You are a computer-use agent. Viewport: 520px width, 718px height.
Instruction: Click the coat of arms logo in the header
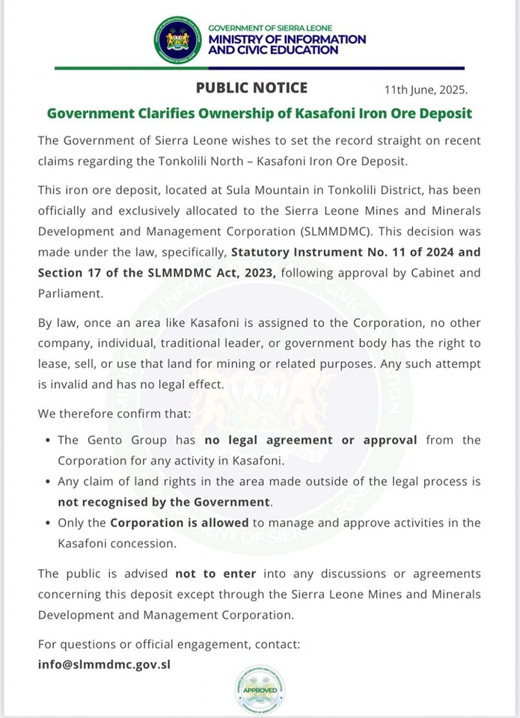178,40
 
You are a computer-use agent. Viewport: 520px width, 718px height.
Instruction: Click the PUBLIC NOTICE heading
251,88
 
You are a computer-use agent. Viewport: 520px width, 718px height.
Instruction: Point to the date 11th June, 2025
426,90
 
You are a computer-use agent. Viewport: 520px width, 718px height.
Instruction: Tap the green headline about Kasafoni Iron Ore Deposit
260,114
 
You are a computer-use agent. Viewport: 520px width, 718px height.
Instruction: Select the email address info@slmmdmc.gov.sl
104,663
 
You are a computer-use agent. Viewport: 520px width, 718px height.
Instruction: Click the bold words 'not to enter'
215,574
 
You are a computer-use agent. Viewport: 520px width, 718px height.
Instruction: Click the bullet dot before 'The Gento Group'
48,441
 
